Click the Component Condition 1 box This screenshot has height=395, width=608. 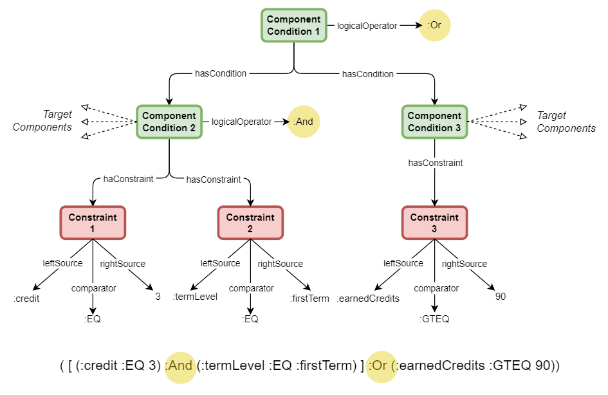coord(293,26)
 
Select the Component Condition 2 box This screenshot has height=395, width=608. coord(169,122)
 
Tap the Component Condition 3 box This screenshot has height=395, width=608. coord(434,122)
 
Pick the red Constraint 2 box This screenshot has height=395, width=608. coord(250,223)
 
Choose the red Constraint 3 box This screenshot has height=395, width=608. coord(434,223)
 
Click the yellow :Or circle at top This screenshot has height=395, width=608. coord(435,26)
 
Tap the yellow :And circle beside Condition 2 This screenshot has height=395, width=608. coord(304,122)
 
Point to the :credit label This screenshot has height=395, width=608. coord(26,299)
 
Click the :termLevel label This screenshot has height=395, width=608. coord(195,297)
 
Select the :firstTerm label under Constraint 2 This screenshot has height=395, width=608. coord(310,299)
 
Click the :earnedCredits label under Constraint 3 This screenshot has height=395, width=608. coord(368,298)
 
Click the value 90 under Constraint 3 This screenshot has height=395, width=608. coord(501,297)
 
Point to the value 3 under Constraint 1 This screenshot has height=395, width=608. coord(158,297)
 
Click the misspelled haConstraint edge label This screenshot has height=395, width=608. coord(128,179)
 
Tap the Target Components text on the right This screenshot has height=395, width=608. coord(566,122)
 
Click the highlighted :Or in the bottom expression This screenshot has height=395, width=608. coord(382,367)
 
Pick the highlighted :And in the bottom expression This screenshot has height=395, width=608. coord(180,367)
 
